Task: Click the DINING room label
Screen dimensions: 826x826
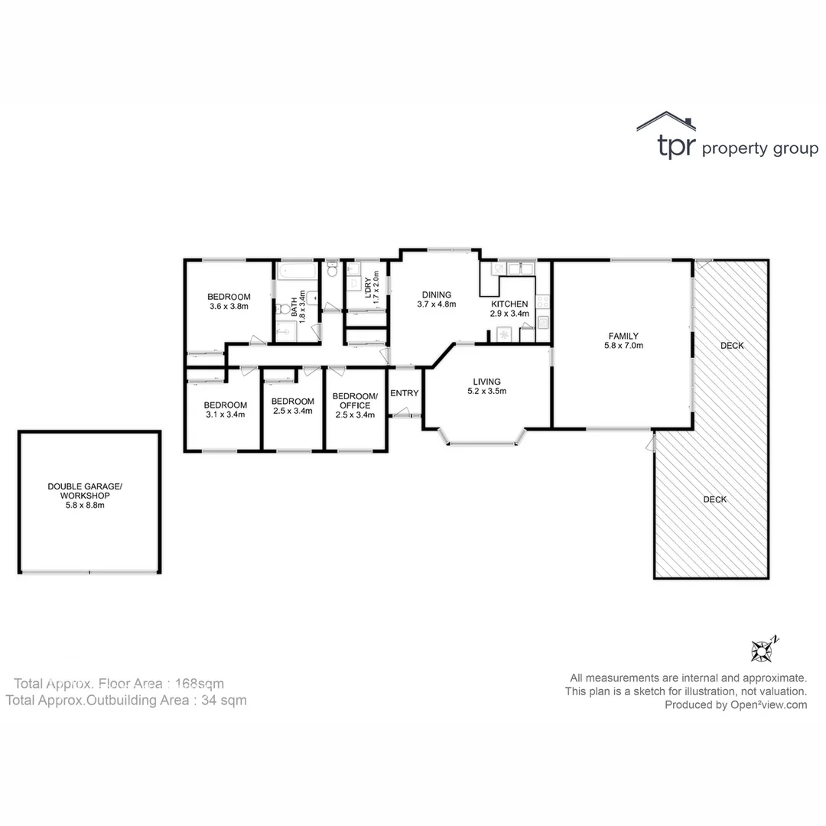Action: pyautogui.click(x=436, y=294)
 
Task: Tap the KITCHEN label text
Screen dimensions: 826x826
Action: pyautogui.click(x=509, y=304)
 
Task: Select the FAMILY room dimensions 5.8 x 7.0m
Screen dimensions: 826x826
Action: pyautogui.click(x=623, y=346)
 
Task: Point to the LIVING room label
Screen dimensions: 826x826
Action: pyautogui.click(x=486, y=382)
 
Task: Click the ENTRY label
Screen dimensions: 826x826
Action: pyautogui.click(x=405, y=393)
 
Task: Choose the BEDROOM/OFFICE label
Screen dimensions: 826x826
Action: pyautogui.click(x=355, y=401)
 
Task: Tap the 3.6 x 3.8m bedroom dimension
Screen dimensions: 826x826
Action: pyautogui.click(x=229, y=307)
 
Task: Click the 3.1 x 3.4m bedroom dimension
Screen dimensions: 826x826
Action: pyautogui.click(x=225, y=415)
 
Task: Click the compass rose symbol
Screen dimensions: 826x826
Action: pyautogui.click(x=763, y=650)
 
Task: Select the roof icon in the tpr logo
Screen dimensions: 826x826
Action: pyautogui.click(x=665, y=121)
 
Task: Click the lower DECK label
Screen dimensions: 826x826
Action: pyautogui.click(x=715, y=499)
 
